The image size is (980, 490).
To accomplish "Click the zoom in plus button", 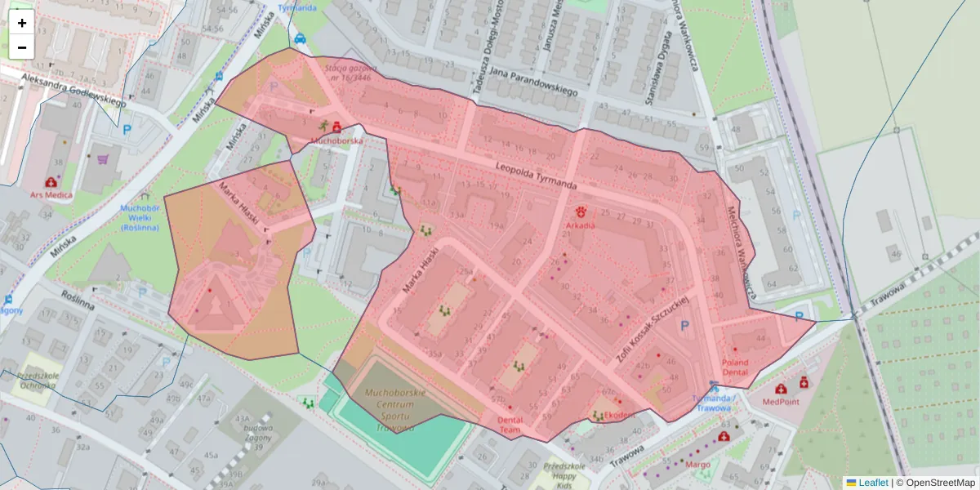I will click(22, 23).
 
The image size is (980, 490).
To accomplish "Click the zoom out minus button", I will click(22, 47).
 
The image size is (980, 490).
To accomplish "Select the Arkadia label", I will click(581, 225).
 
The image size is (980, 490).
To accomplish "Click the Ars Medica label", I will click(51, 195).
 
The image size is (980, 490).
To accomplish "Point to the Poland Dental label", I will click(735, 367).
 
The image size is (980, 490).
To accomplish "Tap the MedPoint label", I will click(782, 401).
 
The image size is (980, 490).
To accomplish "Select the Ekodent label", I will click(620, 414).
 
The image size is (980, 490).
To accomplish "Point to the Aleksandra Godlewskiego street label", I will click(73, 89).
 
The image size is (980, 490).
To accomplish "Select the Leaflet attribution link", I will click(873, 483).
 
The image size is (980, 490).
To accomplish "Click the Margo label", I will click(697, 464).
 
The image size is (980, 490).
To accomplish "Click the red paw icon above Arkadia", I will click(581, 211).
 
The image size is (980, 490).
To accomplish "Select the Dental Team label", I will click(510, 425).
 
